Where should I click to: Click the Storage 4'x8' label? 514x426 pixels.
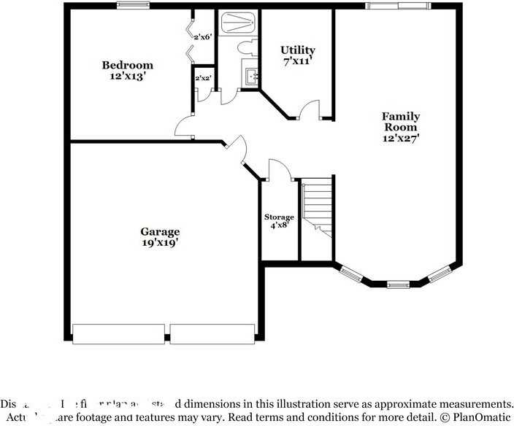pos(279,221)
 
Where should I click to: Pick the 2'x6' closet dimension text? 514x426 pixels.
pos(202,36)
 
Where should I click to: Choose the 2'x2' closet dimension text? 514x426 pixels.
pos(202,77)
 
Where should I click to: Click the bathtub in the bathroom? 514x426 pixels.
pos(237,23)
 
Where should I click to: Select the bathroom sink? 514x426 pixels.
pos(251,74)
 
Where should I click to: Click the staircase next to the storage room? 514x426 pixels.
pos(318,208)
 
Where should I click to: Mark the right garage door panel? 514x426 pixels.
pos(212,334)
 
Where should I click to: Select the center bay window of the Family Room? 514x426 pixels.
pos(398,284)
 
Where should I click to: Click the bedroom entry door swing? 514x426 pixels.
pos(185,127)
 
